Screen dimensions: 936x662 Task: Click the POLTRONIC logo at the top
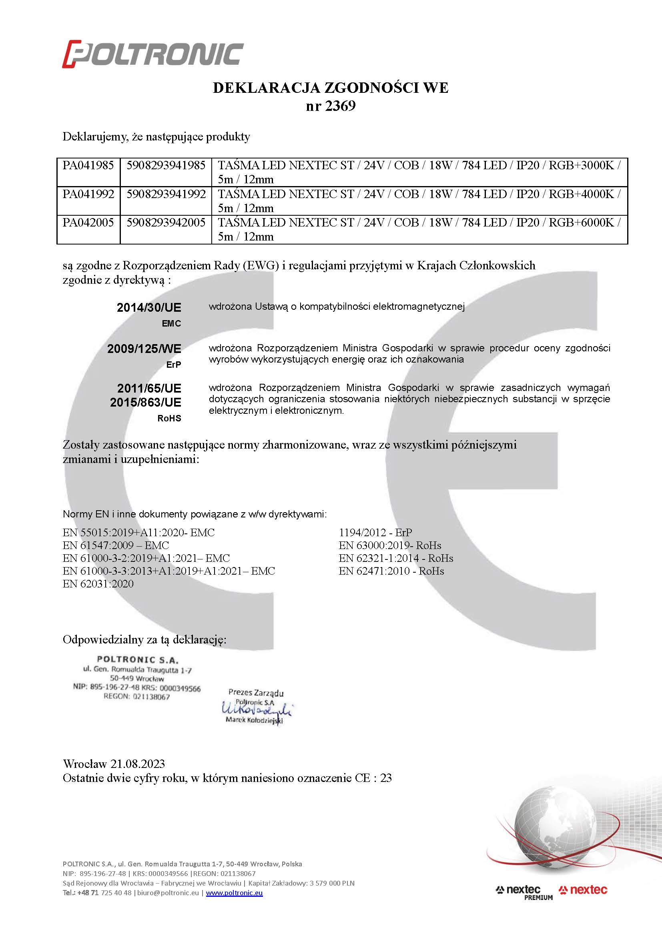coord(153,54)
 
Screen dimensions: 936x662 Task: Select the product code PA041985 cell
coord(88,166)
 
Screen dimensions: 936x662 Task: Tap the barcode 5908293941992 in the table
coord(166,194)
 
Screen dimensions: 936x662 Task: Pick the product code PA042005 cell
coord(88,222)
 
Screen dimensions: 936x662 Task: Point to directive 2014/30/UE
coord(149,307)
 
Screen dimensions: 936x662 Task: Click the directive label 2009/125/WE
coord(144,349)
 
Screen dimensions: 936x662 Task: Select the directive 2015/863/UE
coord(146,402)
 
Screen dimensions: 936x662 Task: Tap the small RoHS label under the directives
coord(169,418)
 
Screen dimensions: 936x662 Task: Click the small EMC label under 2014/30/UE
coord(171,324)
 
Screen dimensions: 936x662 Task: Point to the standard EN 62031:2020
coord(98,584)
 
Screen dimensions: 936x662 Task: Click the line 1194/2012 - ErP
coord(375,532)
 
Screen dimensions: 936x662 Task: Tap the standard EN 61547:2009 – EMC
coord(116,545)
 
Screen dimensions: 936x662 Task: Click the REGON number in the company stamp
coord(136,697)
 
